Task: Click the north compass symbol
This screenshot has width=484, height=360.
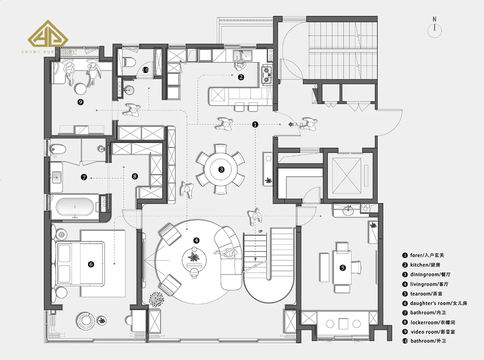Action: tap(434, 30)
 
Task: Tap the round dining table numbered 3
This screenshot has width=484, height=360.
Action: tap(221, 169)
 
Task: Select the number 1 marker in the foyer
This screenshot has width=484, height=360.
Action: tap(255, 124)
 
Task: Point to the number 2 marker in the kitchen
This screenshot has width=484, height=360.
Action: tap(241, 77)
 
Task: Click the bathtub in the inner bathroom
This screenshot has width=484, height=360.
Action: tap(76, 207)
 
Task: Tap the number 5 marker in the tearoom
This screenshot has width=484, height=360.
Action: tap(343, 268)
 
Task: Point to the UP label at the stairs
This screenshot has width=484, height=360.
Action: tap(261, 231)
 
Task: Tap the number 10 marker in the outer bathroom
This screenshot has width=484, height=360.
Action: tap(145, 70)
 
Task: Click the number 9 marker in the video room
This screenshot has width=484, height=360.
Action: tap(80, 102)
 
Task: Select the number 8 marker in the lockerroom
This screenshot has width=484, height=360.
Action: tap(135, 176)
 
